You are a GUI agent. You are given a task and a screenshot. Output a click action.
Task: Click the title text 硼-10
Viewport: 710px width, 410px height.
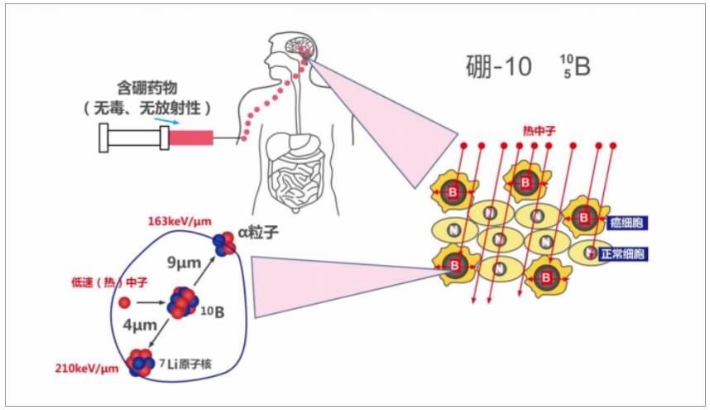pos(497,67)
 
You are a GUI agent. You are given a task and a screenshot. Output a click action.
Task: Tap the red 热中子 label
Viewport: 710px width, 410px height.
pos(538,131)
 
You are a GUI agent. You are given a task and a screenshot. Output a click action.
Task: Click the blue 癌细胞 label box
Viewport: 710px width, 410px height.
pos(628,223)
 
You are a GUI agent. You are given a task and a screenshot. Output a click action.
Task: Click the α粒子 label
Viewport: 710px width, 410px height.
pos(257,233)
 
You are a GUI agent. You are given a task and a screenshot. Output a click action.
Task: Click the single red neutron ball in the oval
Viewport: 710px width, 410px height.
pos(124,303)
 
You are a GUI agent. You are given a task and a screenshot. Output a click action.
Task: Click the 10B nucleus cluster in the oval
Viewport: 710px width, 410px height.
pos(182,302)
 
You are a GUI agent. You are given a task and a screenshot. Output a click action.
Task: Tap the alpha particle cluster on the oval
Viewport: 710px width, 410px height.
pos(223,243)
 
